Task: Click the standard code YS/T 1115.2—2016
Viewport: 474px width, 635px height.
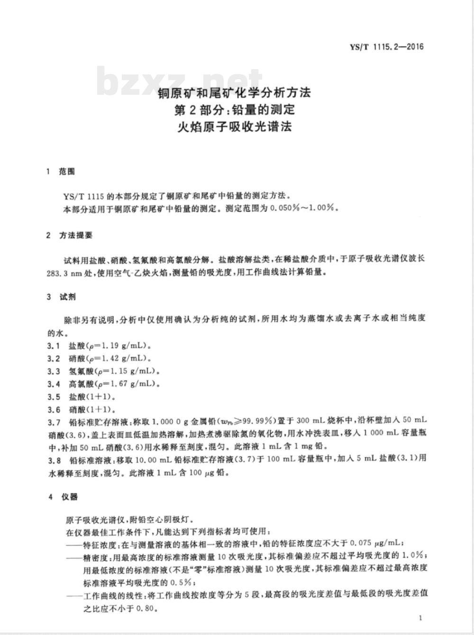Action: pos(386,47)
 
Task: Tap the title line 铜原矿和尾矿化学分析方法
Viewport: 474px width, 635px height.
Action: pos(234,92)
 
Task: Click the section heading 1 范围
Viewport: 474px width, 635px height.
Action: pos(61,172)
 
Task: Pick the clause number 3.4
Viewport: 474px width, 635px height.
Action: pos(54,383)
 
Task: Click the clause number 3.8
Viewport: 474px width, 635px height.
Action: pos(54,459)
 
